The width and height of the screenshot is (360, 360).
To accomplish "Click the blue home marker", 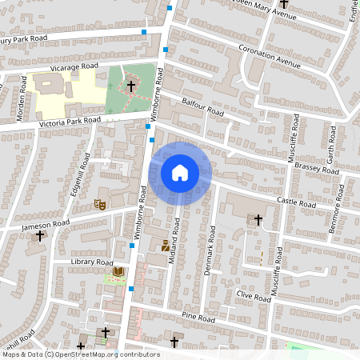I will point(180,173).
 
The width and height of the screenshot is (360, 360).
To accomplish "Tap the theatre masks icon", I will point(101,205).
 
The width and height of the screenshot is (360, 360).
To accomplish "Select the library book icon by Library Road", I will point(118,273).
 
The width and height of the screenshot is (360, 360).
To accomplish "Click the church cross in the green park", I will point(130,84).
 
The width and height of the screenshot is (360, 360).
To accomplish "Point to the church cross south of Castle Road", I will point(258,218).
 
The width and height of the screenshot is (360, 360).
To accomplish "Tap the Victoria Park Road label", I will point(70,122).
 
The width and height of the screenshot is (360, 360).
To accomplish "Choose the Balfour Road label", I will point(202,109).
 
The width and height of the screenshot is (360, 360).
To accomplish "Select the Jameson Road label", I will point(46,226).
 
